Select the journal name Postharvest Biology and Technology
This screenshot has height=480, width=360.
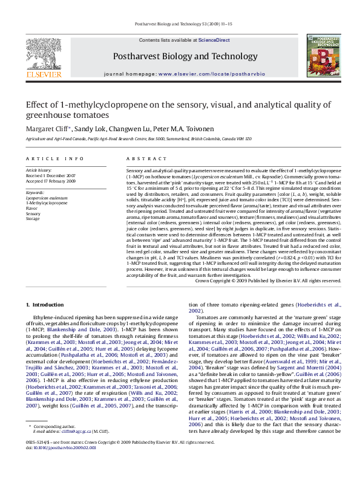[x=181, y=56]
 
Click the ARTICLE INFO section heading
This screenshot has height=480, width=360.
[x=55, y=158]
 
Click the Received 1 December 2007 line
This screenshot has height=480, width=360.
[x=50, y=176]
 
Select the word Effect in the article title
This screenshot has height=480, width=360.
[x=36, y=104]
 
